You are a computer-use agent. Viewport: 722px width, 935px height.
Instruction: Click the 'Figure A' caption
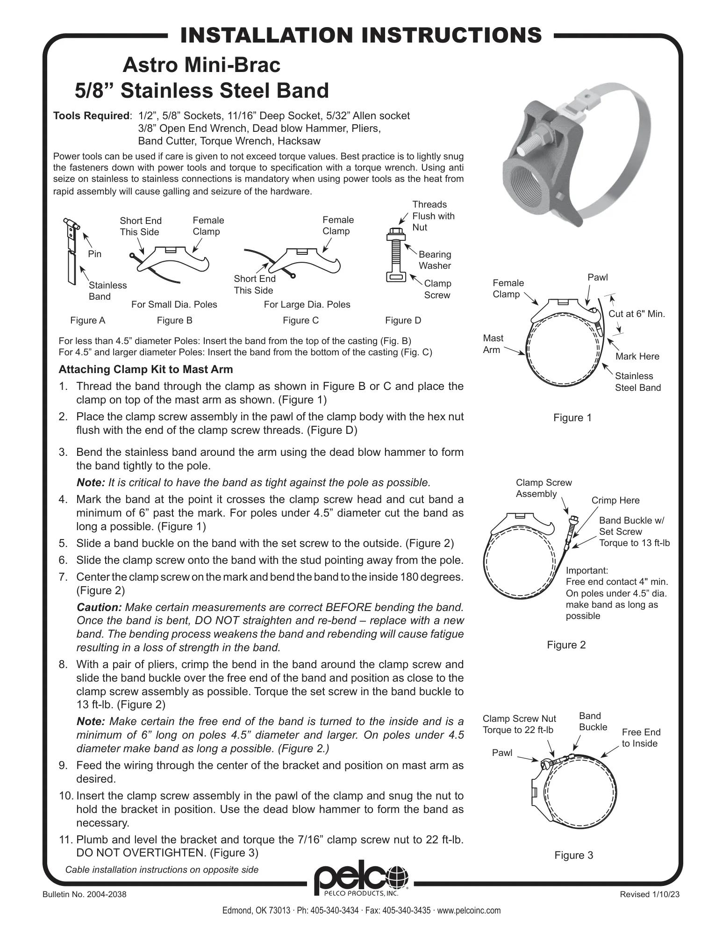[x=88, y=320]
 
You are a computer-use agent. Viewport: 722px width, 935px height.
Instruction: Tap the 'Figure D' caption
[x=403, y=320]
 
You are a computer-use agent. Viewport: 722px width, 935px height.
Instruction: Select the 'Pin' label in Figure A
[x=94, y=254]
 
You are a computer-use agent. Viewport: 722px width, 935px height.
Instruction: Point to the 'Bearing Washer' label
[x=435, y=260]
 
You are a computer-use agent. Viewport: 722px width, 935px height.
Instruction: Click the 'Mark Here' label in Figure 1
[x=637, y=356]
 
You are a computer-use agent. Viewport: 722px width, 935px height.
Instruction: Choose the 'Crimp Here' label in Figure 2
[x=615, y=500]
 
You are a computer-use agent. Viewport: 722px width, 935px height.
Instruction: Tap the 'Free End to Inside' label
[x=641, y=738]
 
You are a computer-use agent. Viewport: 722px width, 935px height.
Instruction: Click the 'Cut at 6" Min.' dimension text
[x=636, y=314]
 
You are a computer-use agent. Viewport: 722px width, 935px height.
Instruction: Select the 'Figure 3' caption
[x=573, y=855]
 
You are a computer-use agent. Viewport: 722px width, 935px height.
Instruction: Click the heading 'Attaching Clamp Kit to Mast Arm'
[x=145, y=369]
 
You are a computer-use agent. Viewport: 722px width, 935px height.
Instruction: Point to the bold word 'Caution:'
[x=99, y=607]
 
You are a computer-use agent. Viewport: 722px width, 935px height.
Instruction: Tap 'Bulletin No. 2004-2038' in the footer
[x=84, y=894]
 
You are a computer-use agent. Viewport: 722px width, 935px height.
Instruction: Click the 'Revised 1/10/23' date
[x=649, y=894]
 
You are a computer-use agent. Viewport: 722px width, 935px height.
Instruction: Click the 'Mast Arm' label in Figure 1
[x=493, y=344]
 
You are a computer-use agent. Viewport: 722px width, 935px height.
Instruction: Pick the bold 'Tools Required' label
[x=91, y=115]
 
